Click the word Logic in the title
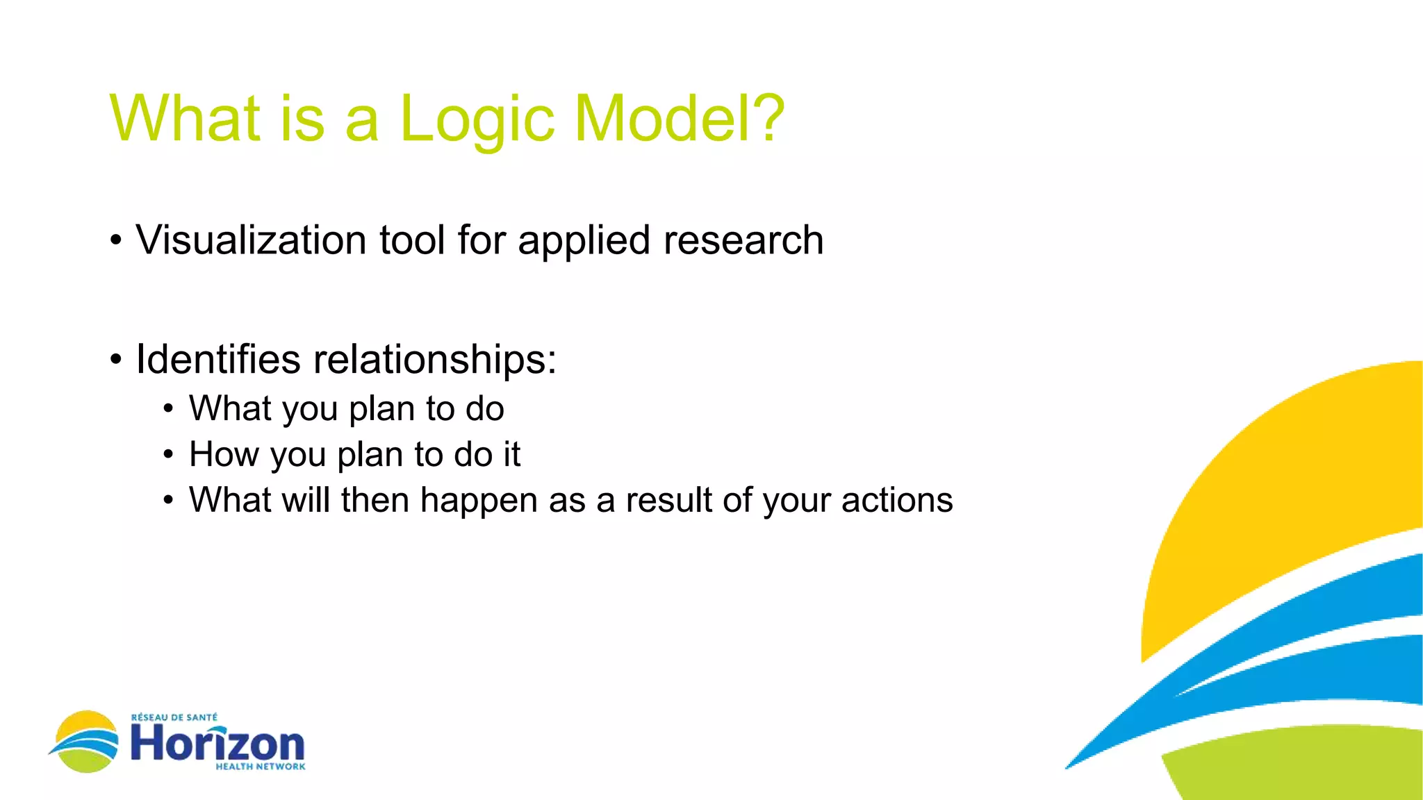coord(477,119)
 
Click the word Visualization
coord(251,240)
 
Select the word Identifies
coord(218,359)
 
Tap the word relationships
coord(434,359)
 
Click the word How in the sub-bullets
coord(224,454)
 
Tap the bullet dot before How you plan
coord(168,456)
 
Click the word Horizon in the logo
coord(217,743)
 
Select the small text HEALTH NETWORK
coord(260,767)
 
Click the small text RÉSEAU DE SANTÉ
coord(174,717)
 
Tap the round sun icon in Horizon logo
coord(85,741)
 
